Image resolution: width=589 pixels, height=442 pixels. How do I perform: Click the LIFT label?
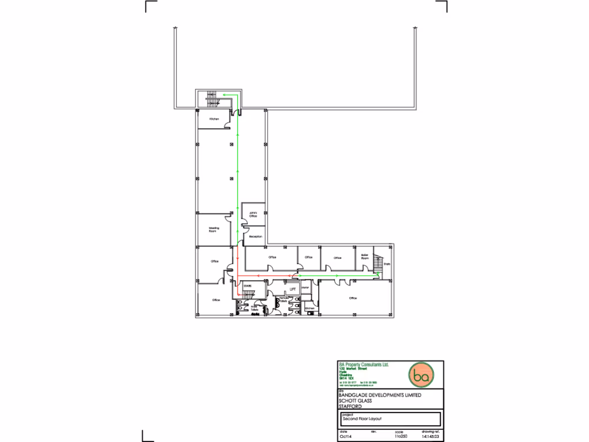[x=292, y=289]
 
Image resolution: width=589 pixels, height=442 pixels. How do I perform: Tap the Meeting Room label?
[x=213, y=229]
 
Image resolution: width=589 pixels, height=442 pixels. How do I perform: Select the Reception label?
[x=255, y=237]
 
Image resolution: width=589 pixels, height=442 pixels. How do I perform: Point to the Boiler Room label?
[x=365, y=257]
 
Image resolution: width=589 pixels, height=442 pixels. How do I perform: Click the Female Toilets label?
[x=283, y=299]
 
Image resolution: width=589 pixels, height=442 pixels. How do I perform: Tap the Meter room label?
[x=305, y=287]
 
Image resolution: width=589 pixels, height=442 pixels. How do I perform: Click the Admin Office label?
[x=252, y=214]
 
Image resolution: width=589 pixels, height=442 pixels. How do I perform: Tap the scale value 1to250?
[x=400, y=437]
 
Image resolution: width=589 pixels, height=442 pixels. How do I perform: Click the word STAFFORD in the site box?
[x=350, y=406]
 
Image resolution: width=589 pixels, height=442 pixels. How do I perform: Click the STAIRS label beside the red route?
[x=248, y=285]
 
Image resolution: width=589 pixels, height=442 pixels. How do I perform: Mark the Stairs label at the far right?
[x=387, y=265]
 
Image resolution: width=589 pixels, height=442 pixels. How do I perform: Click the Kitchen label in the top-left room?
[x=214, y=119]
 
